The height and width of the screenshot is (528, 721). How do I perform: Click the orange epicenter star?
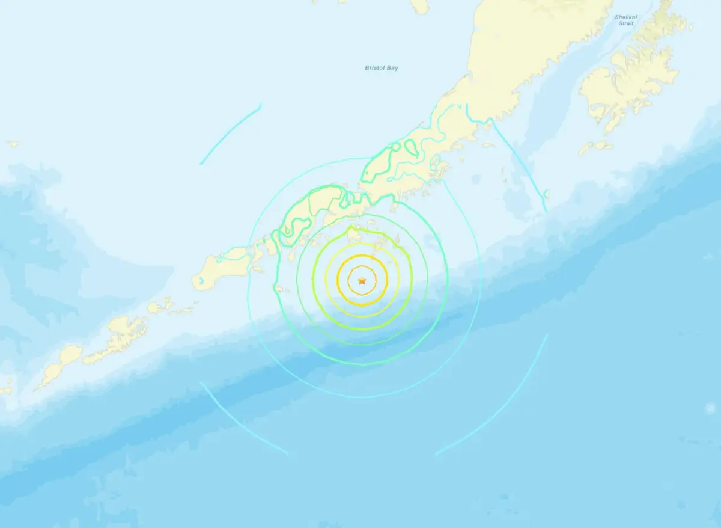[362, 280]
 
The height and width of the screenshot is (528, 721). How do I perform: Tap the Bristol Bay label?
[382, 68]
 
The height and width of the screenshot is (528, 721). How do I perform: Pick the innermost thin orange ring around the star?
[362, 267]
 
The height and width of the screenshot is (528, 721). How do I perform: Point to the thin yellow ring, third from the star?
[362, 244]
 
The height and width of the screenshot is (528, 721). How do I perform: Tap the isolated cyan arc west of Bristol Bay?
[231, 134]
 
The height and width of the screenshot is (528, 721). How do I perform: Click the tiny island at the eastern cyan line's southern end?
[546, 195]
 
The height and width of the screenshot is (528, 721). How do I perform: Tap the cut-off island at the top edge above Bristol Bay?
[421, 5]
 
